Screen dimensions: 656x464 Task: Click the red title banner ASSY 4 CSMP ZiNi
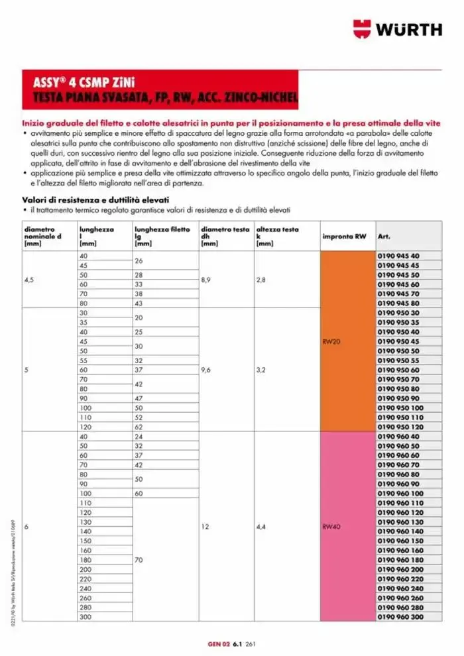tap(160, 91)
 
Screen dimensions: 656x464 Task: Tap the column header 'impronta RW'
tap(343, 237)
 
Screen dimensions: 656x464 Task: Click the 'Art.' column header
tap(384, 237)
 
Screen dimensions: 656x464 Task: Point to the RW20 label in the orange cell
tap(331, 343)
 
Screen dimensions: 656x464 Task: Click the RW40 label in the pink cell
tap(331, 527)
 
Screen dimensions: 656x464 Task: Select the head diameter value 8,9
tap(207, 280)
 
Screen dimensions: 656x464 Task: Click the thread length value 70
tap(139, 560)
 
